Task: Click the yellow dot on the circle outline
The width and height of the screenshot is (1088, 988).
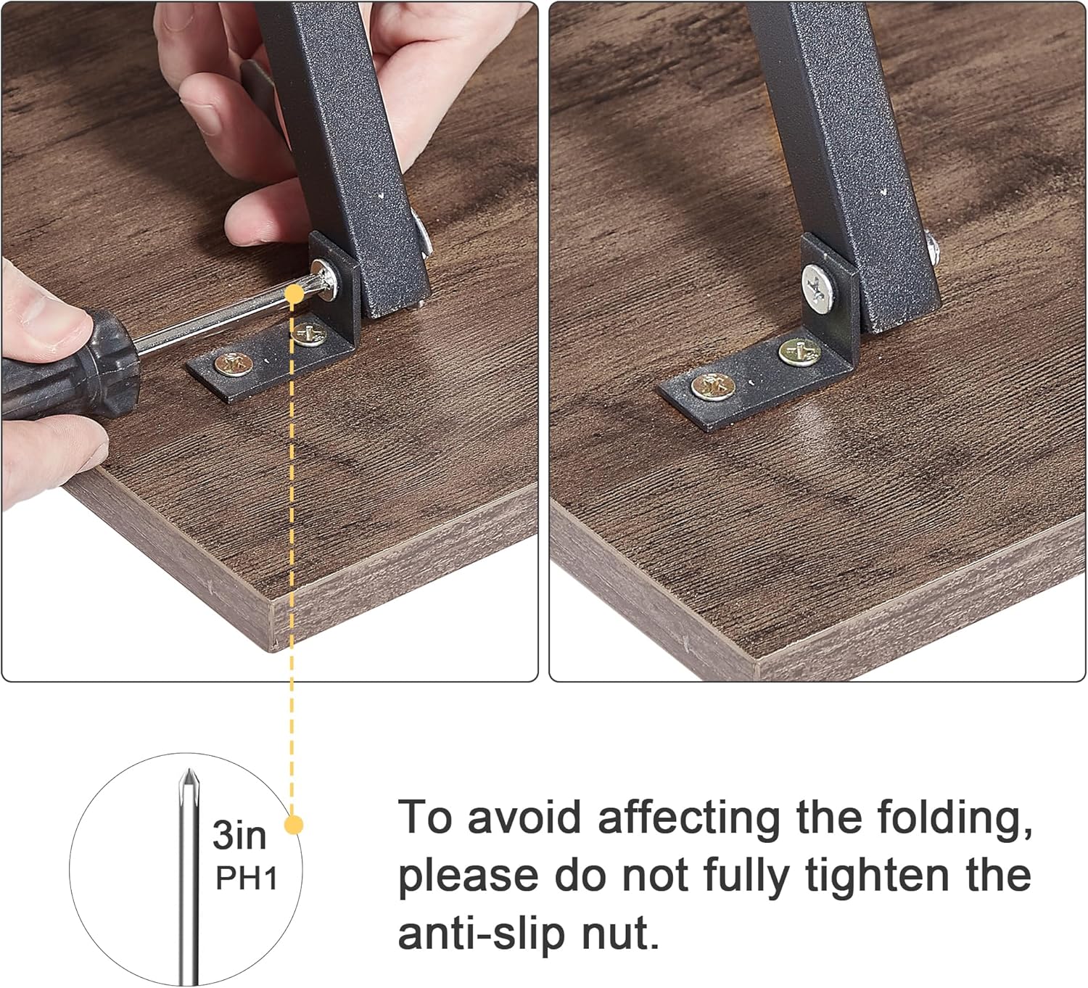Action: [x=293, y=825]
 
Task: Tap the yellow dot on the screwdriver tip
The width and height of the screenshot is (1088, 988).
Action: [x=294, y=293]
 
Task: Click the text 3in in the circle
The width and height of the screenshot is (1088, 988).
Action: [x=239, y=835]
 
